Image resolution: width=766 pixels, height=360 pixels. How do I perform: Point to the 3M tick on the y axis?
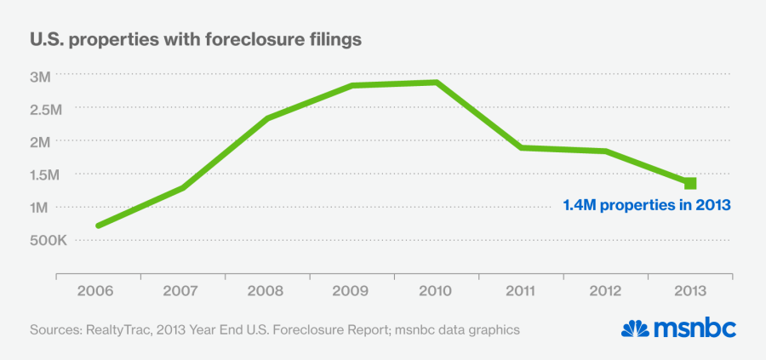pos(40,76)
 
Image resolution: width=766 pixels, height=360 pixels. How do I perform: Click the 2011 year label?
pos(521,290)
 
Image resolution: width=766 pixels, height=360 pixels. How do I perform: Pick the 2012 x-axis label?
pos(605,290)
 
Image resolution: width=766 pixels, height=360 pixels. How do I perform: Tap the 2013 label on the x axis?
pos(690,290)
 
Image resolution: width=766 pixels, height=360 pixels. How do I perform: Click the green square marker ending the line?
pos(690,183)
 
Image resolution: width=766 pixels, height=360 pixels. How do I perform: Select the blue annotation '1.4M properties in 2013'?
pos(648,205)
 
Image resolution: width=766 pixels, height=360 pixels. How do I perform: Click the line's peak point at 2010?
pos(436,83)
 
